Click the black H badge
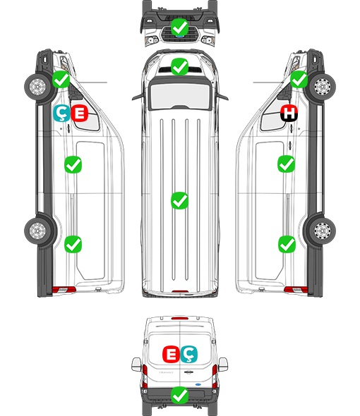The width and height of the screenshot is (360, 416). point(289,114)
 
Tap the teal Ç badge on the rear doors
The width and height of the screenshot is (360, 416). point(189,354)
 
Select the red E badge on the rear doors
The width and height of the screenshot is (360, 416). point(171,354)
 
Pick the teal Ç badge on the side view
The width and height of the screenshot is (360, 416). point(61,114)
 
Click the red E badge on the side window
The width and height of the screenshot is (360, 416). point(80,114)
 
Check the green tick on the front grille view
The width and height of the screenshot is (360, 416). point(179,27)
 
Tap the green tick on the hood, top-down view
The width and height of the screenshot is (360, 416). point(179,66)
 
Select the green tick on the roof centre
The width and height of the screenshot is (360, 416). point(179,200)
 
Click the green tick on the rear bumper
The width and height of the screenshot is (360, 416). point(179,396)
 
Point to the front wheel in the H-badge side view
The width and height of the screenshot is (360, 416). point(322,87)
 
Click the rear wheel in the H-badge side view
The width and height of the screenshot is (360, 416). point(322,231)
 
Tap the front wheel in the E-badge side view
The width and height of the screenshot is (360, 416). point(37,87)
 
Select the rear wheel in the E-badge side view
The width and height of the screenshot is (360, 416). point(37,231)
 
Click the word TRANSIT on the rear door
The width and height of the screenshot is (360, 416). point(166,372)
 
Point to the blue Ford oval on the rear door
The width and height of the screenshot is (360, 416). point(198,384)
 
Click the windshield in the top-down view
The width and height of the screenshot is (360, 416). point(180,95)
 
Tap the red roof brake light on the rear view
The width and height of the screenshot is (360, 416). point(180,318)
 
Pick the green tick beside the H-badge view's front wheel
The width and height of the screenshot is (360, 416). point(299,80)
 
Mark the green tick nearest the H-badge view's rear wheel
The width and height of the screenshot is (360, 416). point(287,245)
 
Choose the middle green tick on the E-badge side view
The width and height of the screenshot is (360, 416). point(73,165)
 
